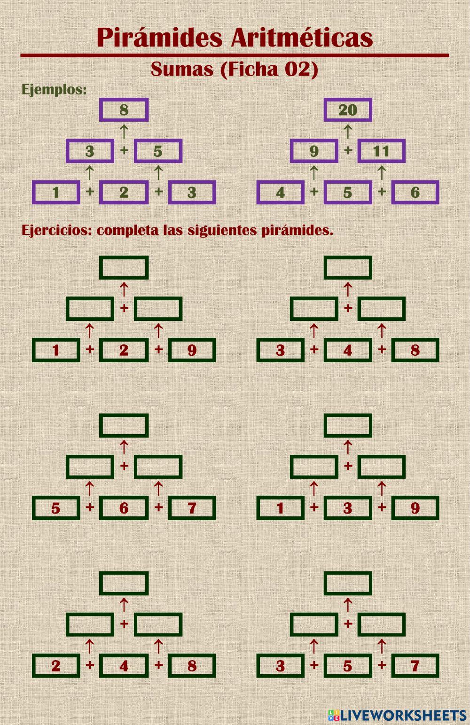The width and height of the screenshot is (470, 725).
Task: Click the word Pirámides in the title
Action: tap(159, 38)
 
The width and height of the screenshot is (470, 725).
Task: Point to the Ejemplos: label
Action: tap(54, 89)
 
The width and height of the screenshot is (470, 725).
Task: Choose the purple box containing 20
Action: tap(348, 110)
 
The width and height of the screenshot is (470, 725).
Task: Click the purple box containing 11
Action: tap(381, 151)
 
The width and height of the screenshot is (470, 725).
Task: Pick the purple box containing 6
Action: tap(415, 192)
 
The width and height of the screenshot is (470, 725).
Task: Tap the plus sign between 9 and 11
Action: tap(348, 150)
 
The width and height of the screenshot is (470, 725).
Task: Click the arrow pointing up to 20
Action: tap(348, 131)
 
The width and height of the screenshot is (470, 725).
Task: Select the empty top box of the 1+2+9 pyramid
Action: tap(124, 267)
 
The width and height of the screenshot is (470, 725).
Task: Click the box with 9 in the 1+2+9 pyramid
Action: tap(192, 350)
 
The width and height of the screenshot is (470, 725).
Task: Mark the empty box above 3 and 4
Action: tap(314, 309)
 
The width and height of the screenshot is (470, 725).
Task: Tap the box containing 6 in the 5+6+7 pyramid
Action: tap(124, 508)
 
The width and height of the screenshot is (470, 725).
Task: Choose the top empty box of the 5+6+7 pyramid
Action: tap(124, 425)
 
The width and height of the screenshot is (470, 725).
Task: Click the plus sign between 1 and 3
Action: tap(314, 507)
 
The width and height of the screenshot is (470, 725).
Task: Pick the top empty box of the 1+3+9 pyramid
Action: tap(348, 425)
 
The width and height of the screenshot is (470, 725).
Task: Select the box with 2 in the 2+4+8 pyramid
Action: tap(56, 666)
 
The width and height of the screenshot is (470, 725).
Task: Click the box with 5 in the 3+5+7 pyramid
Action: tap(348, 666)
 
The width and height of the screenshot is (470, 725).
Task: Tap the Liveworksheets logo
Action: tap(398, 715)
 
